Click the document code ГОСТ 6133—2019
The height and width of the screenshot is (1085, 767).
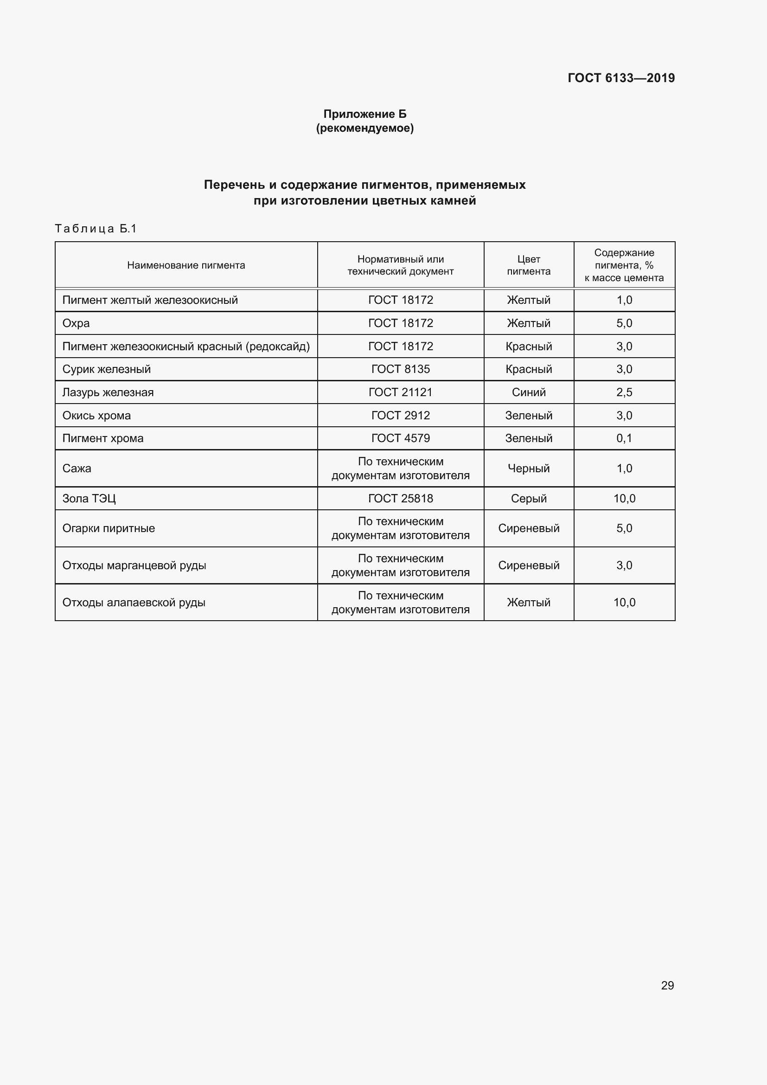coord(620,78)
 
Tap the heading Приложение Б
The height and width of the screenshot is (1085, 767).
coord(364,114)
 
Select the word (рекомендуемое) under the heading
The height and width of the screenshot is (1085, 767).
coord(364,128)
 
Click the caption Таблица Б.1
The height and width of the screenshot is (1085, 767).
coord(96,229)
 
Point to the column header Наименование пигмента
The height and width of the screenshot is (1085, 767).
coord(186,265)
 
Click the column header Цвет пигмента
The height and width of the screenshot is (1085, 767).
coord(529,265)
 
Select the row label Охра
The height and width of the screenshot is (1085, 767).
coord(76,323)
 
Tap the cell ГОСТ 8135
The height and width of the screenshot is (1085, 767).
coord(401,369)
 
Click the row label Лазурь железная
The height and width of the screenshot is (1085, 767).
coord(108,392)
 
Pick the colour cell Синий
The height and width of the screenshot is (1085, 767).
coord(529,392)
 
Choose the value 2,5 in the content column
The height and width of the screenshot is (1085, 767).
coord(624,392)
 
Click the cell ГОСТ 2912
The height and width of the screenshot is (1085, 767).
coord(401,415)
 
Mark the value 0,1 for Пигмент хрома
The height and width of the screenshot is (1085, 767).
coord(624,438)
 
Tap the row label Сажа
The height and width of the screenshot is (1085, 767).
coord(77,469)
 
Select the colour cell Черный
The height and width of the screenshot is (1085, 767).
coord(529,469)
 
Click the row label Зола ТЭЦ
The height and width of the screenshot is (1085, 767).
coord(89,499)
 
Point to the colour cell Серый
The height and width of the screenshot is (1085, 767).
coord(529,499)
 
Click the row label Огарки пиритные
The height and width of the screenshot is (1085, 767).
coord(109,528)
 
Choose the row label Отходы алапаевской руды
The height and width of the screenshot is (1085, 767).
coord(134,603)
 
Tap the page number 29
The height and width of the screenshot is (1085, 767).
coord(667,985)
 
